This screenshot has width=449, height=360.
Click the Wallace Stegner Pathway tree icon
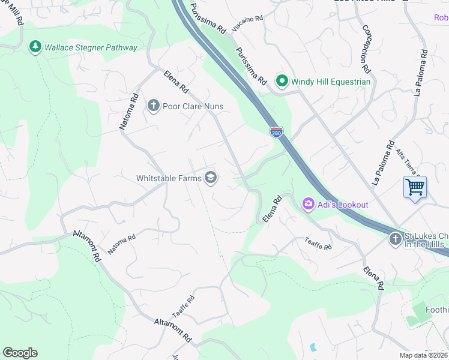tap(35, 47)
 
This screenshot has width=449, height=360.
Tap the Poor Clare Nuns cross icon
tap(153, 106)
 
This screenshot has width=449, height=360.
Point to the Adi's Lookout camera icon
tap(308, 205)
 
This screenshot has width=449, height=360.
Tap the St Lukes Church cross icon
tap(395, 239)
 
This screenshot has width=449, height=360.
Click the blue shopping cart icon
tap(415, 187)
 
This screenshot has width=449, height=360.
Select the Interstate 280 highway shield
tap(276, 131)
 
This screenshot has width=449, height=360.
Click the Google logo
tap(20, 353)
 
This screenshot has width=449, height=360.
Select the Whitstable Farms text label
tap(169, 178)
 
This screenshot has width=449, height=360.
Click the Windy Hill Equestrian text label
tap(331, 82)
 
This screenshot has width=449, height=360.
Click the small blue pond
tap(313, 347)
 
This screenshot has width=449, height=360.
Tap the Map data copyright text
tap(423, 355)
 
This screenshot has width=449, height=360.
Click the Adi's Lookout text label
tap(343, 205)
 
